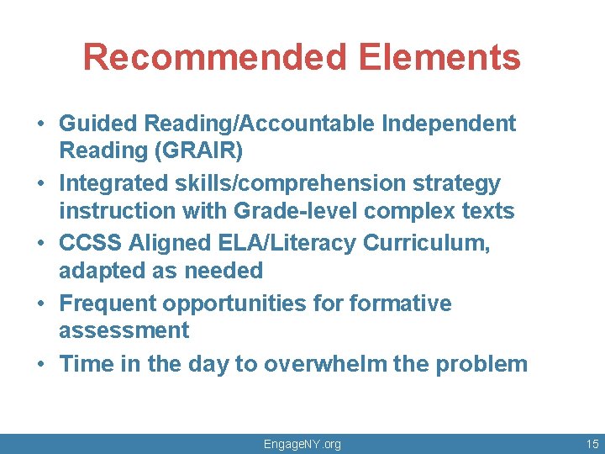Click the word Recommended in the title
point(214,57)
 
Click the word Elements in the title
point(439,57)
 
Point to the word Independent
point(449,123)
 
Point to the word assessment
point(124,330)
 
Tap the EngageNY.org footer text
point(302,443)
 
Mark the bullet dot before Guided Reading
point(40,124)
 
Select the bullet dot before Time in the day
point(40,364)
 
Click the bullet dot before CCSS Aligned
point(40,244)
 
